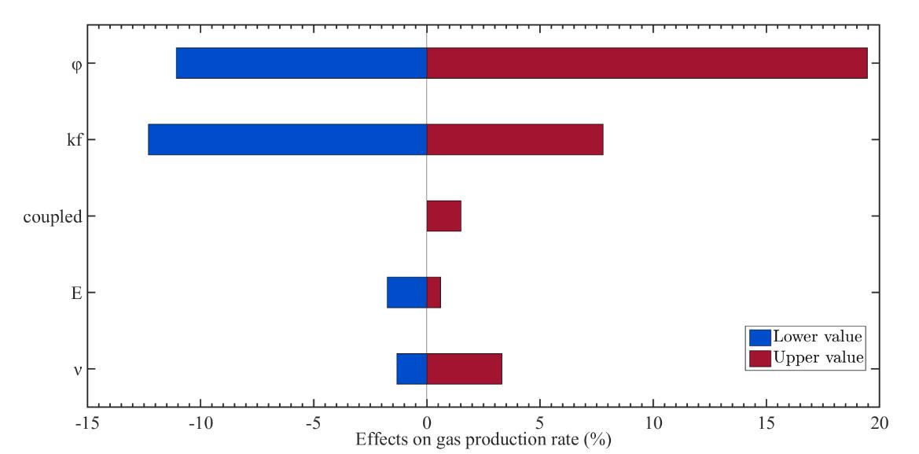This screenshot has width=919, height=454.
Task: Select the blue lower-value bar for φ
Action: [301, 63]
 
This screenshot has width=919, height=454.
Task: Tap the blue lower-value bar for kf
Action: [287, 139]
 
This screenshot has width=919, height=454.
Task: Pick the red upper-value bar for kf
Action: [515, 139]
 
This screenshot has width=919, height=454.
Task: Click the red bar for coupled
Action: [443, 216]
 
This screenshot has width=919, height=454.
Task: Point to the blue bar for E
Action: [406, 292]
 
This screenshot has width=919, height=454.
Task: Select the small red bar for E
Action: [434, 292]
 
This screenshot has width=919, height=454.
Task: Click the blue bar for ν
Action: [411, 368]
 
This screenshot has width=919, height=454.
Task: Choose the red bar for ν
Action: [464, 368]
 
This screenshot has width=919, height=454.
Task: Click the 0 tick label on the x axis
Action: [427, 422]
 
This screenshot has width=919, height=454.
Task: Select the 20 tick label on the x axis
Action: [879, 422]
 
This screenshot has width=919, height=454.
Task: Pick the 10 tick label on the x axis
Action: [652, 422]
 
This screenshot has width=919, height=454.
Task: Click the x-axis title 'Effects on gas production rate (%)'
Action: [483, 437]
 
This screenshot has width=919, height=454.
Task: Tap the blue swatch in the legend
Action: [760, 337]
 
